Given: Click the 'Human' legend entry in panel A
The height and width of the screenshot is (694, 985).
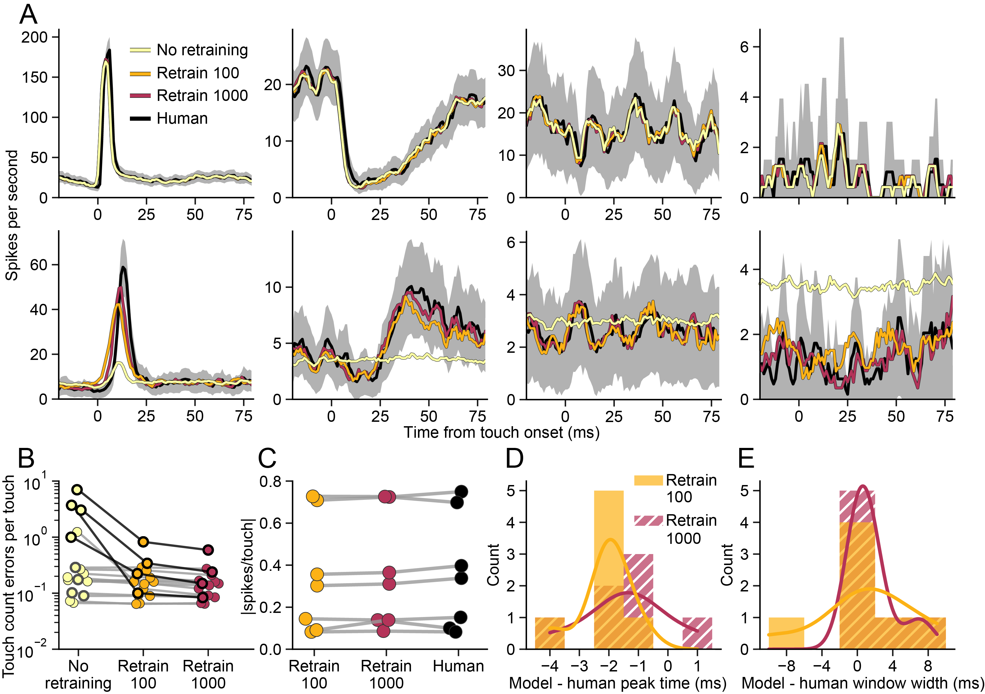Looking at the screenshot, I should pos(182,118).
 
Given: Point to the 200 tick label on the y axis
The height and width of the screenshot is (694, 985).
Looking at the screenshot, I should pos(34,37).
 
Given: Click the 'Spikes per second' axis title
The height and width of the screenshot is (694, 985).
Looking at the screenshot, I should pos(12,215).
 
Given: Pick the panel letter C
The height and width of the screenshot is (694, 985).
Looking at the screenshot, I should pos(267,458).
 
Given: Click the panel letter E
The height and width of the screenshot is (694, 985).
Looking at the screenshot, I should pos(746,458).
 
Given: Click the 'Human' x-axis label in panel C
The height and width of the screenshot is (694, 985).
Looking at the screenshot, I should pos(458,666).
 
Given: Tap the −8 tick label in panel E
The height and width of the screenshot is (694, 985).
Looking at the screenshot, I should pos(786,666).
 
